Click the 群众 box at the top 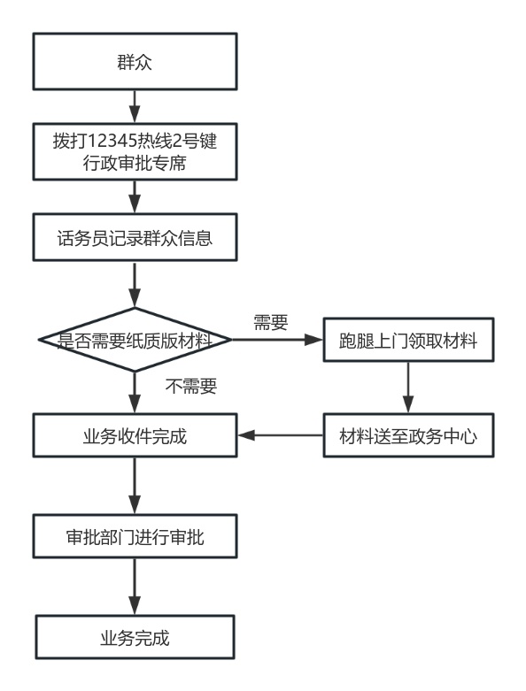pyautogui.click(x=135, y=61)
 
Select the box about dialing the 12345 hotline pyautogui.click(x=135, y=151)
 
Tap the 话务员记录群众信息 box pyautogui.click(x=135, y=237)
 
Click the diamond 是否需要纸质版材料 pyautogui.click(x=135, y=340)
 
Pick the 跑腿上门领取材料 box pyautogui.click(x=408, y=340)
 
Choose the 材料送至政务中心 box pyautogui.click(x=408, y=435)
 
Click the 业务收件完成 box pyautogui.click(x=135, y=435)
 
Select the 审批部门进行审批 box pyautogui.click(x=135, y=536)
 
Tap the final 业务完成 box pyautogui.click(x=135, y=637)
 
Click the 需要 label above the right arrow pyautogui.click(x=271, y=322)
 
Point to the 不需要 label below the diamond pyautogui.click(x=191, y=386)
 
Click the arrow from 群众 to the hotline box pyautogui.click(x=135, y=107)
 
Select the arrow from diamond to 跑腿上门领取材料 pyautogui.click(x=278, y=340)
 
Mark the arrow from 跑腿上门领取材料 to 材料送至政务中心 pyautogui.click(x=408, y=388)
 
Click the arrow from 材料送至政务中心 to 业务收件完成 pyautogui.click(x=281, y=435)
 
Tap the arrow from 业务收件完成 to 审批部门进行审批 pyautogui.click(x=135, y=486)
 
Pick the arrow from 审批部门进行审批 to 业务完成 pyautogui.click(x=135, y=587)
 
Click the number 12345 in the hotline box pyautogui.click(x=112, y=141)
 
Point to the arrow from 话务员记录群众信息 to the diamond pyautogui.click(x=135, y=284)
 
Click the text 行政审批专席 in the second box pyautogui.click(x=135, y=163)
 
